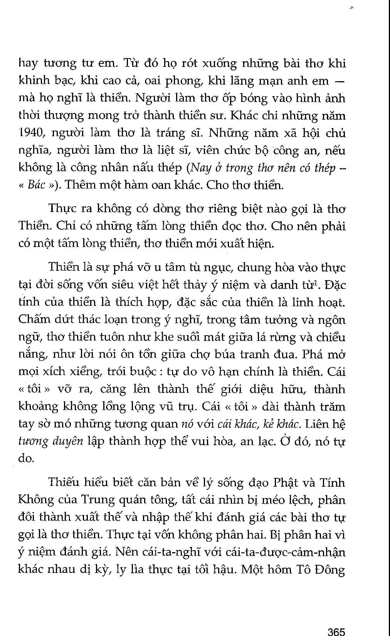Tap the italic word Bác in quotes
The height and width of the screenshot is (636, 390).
pos(37,185)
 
